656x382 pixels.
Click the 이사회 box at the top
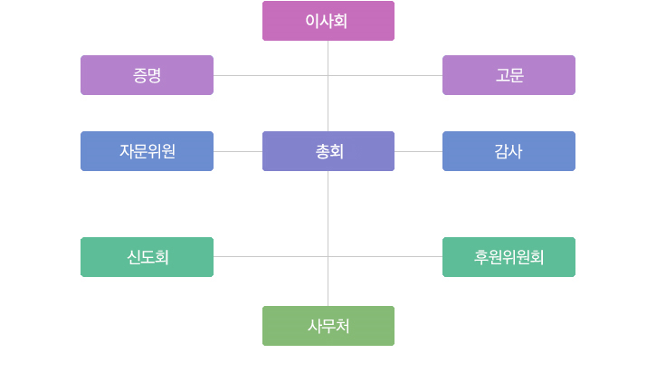tap(328, 21)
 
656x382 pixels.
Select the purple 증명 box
tap(147, 75)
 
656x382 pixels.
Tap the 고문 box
tap(509, 75)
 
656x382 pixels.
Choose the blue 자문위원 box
tap(147, 151)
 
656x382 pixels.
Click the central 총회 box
tap(328, 151)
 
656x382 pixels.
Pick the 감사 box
tap(509, 151)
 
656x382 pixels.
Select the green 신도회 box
tap(147, 257)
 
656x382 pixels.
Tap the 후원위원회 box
tap(509, 257)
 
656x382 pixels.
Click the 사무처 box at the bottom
tap(328, 326)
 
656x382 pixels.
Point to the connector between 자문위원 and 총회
tap(238, 151)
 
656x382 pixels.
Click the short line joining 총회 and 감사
tap(418, 151)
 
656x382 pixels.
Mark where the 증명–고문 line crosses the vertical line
tap(328, 75)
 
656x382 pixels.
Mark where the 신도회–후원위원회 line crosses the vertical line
tap(328, 256)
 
